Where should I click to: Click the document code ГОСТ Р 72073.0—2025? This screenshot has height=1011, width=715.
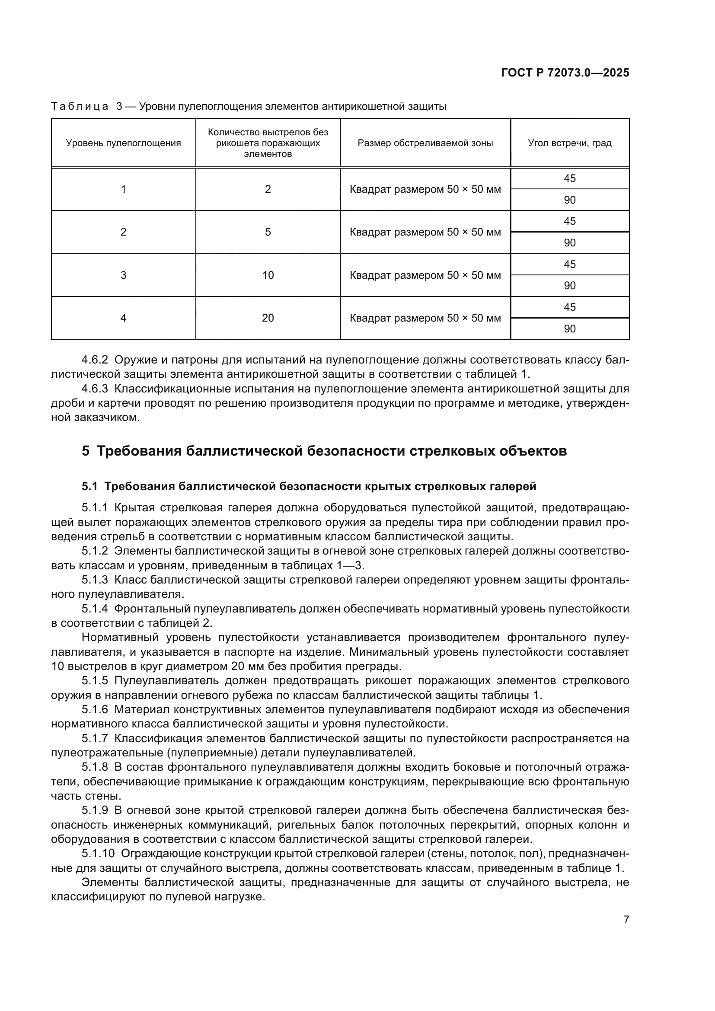565,73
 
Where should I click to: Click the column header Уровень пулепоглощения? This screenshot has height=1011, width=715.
123,143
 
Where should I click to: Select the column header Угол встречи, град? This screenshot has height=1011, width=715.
570,143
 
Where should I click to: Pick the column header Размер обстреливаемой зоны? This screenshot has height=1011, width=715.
425,143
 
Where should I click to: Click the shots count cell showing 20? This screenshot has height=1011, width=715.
268,318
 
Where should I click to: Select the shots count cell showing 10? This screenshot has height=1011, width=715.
268,275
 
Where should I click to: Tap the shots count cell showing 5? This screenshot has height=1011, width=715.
268,232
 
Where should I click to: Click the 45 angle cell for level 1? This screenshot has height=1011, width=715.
570,179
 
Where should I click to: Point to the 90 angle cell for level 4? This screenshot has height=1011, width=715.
570,328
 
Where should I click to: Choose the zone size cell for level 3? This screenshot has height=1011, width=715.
425,275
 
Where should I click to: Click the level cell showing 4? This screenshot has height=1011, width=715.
123,318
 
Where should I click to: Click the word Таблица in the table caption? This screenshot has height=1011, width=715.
80,107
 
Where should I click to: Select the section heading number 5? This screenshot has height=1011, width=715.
86,451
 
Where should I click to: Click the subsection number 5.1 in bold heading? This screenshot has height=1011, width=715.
89,487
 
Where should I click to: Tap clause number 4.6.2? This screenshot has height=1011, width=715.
95,360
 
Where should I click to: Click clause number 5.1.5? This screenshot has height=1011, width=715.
95,680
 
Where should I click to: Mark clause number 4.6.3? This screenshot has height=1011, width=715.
95,389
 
